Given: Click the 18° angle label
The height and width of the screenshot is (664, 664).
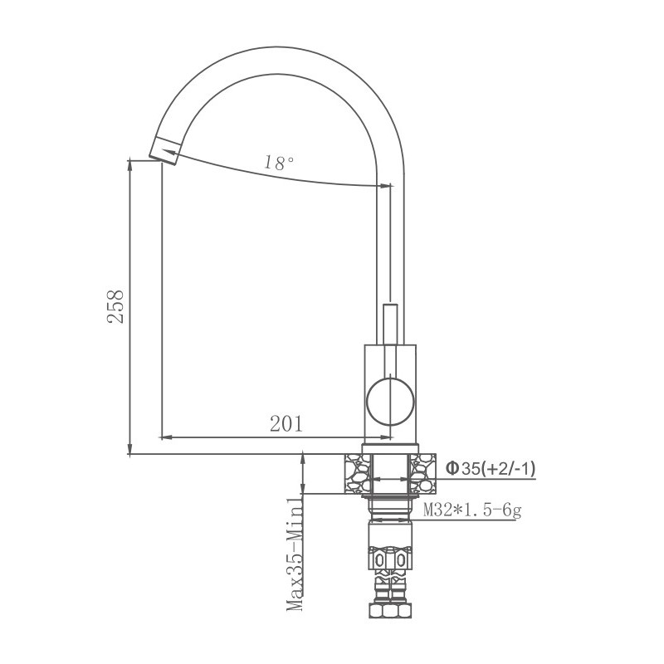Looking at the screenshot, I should tap(280, 164).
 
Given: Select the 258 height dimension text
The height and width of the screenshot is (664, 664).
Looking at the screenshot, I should tap(117, 306).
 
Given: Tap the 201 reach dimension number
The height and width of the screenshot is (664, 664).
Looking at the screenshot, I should tap(286, 423).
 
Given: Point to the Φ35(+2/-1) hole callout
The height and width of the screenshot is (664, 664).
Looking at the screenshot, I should tap(491, 469).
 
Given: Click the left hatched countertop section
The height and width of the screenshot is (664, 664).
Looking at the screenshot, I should tap(354, 474).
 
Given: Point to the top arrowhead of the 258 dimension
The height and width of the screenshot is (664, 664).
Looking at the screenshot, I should tap(131, 166).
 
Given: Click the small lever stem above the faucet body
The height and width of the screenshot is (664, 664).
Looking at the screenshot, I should tap(389, 324).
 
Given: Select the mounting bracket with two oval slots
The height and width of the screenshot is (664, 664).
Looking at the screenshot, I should tap(389, 562).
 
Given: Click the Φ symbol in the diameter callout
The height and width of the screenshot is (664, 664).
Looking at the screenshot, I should tap(452, 469).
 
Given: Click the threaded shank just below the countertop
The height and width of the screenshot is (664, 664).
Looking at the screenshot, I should tap(389, 508).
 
